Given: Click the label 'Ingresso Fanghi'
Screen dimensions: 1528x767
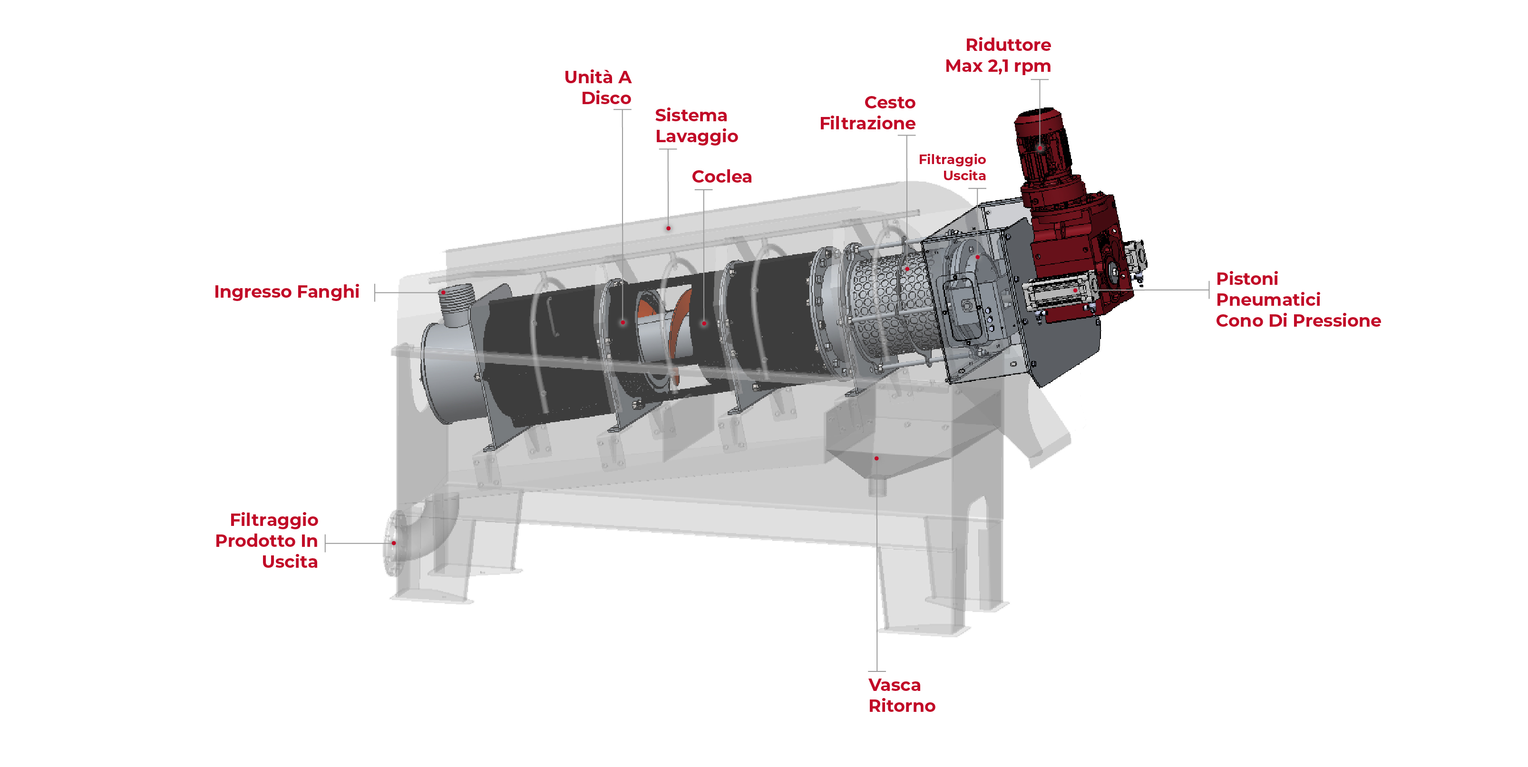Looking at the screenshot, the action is pyautogui.click(x=286, y=292).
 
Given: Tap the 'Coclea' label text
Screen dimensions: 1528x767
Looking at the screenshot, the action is pyautogui.click(x=721, y=177).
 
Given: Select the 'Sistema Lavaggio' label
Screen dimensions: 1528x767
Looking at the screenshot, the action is pyautogui.click(x=696, y=126).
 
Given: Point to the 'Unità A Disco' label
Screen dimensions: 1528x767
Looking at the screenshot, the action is pyautogui.click(x=598, y=87).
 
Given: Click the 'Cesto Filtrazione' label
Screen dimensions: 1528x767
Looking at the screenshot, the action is pyautogui.click(x=867, y=113).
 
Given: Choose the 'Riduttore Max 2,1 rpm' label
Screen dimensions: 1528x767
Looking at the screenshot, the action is pyautogui.click(x=998, y=55).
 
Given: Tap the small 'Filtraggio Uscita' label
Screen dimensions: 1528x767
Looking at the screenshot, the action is pyautogui.click(x=952, y=167).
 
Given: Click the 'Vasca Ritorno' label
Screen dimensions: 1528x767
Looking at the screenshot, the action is pyautogui.click(x=902, y=695).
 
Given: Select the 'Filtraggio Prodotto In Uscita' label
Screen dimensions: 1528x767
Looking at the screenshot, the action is pyautogui.click(x=266, y=540).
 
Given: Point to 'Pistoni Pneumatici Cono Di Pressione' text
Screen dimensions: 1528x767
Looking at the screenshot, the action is pyautogui.click(x=1298, y=300).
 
